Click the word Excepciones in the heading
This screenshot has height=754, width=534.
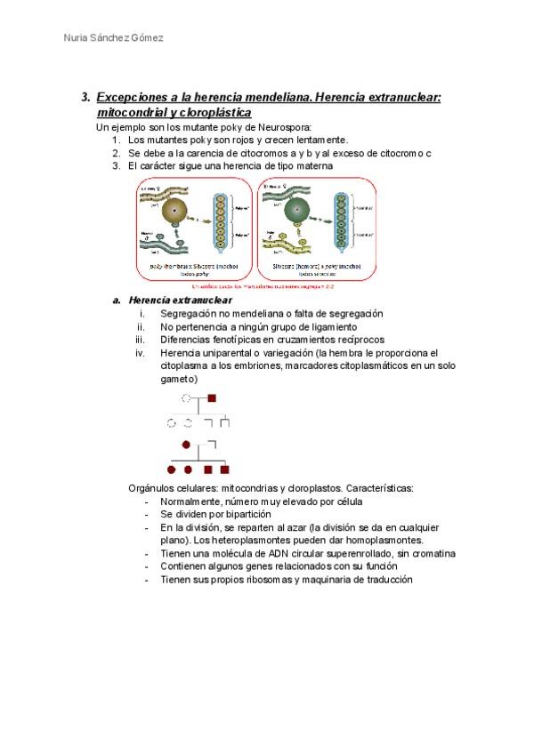[x=131, y=98]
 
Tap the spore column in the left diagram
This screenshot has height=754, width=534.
[x=221, y=231]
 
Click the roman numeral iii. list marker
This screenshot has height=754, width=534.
[x=139, y=340]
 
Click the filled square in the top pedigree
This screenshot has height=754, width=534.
[x=212, y=399]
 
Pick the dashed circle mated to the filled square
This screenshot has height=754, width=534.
[x=186, y=399]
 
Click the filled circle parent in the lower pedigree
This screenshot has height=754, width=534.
[x=186, y=444]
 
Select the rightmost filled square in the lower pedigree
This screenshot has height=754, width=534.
[x=225, y=469]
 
